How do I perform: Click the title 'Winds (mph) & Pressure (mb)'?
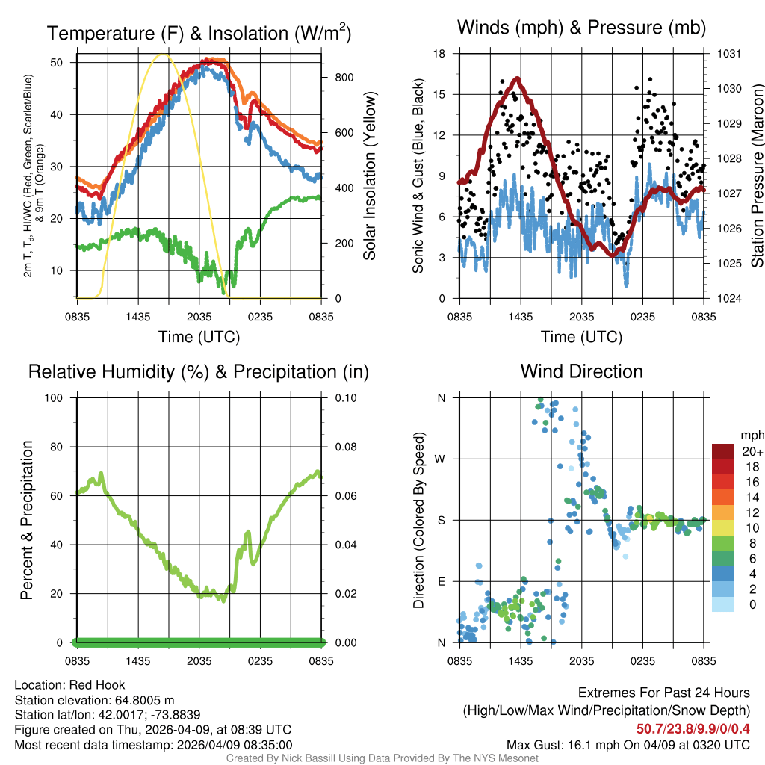(x=581, y=28)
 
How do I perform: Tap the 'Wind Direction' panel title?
(x=581, y=371)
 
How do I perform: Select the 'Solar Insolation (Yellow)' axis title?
(x=369, y=176)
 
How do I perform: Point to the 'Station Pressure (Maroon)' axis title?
(x=756, y=176)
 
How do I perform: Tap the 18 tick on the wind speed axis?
(x=440, y=54)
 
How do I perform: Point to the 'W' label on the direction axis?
(x=442, y=459)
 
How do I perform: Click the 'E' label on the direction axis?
(x=442, y=581)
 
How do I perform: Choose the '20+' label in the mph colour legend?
(x=751, y=451)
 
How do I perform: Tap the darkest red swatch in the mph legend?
(x=723, y=451)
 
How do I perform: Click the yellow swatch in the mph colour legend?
(x=723, y=527)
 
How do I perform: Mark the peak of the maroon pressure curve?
(x=516, y=78)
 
